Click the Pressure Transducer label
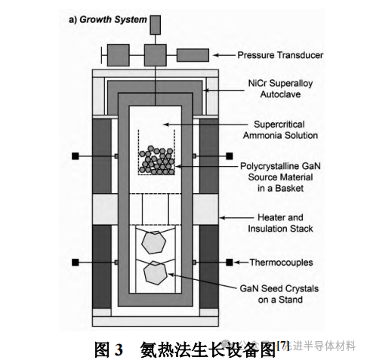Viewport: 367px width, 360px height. point(280,55)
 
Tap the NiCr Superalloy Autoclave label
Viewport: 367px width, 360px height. point(280,88)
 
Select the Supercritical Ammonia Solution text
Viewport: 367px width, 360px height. point(280,130)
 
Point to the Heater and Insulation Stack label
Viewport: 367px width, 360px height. point(280,223)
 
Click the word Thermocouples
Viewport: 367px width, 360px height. point(281,263)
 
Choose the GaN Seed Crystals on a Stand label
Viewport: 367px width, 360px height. point(279,294)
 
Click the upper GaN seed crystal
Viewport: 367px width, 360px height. point(153,242)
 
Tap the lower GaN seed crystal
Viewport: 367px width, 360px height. point(156,273)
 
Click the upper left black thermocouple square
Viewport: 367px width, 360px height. point(76,156)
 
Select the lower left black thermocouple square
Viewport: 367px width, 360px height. point(76,263)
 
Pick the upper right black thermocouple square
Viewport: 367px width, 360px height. point(229,156)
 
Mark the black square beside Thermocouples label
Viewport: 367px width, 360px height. point(229,263)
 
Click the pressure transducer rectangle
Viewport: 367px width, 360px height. point(193,55)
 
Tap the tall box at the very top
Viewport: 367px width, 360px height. point(156,25)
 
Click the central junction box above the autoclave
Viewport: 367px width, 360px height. point(156,55)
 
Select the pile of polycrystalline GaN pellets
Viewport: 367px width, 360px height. point(156,160)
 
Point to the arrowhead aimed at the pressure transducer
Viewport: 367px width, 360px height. point(216,55)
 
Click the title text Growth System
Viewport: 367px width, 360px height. point(113,20)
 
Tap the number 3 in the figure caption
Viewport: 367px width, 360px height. point(119,350)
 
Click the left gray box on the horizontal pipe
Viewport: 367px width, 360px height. point(119,55)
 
